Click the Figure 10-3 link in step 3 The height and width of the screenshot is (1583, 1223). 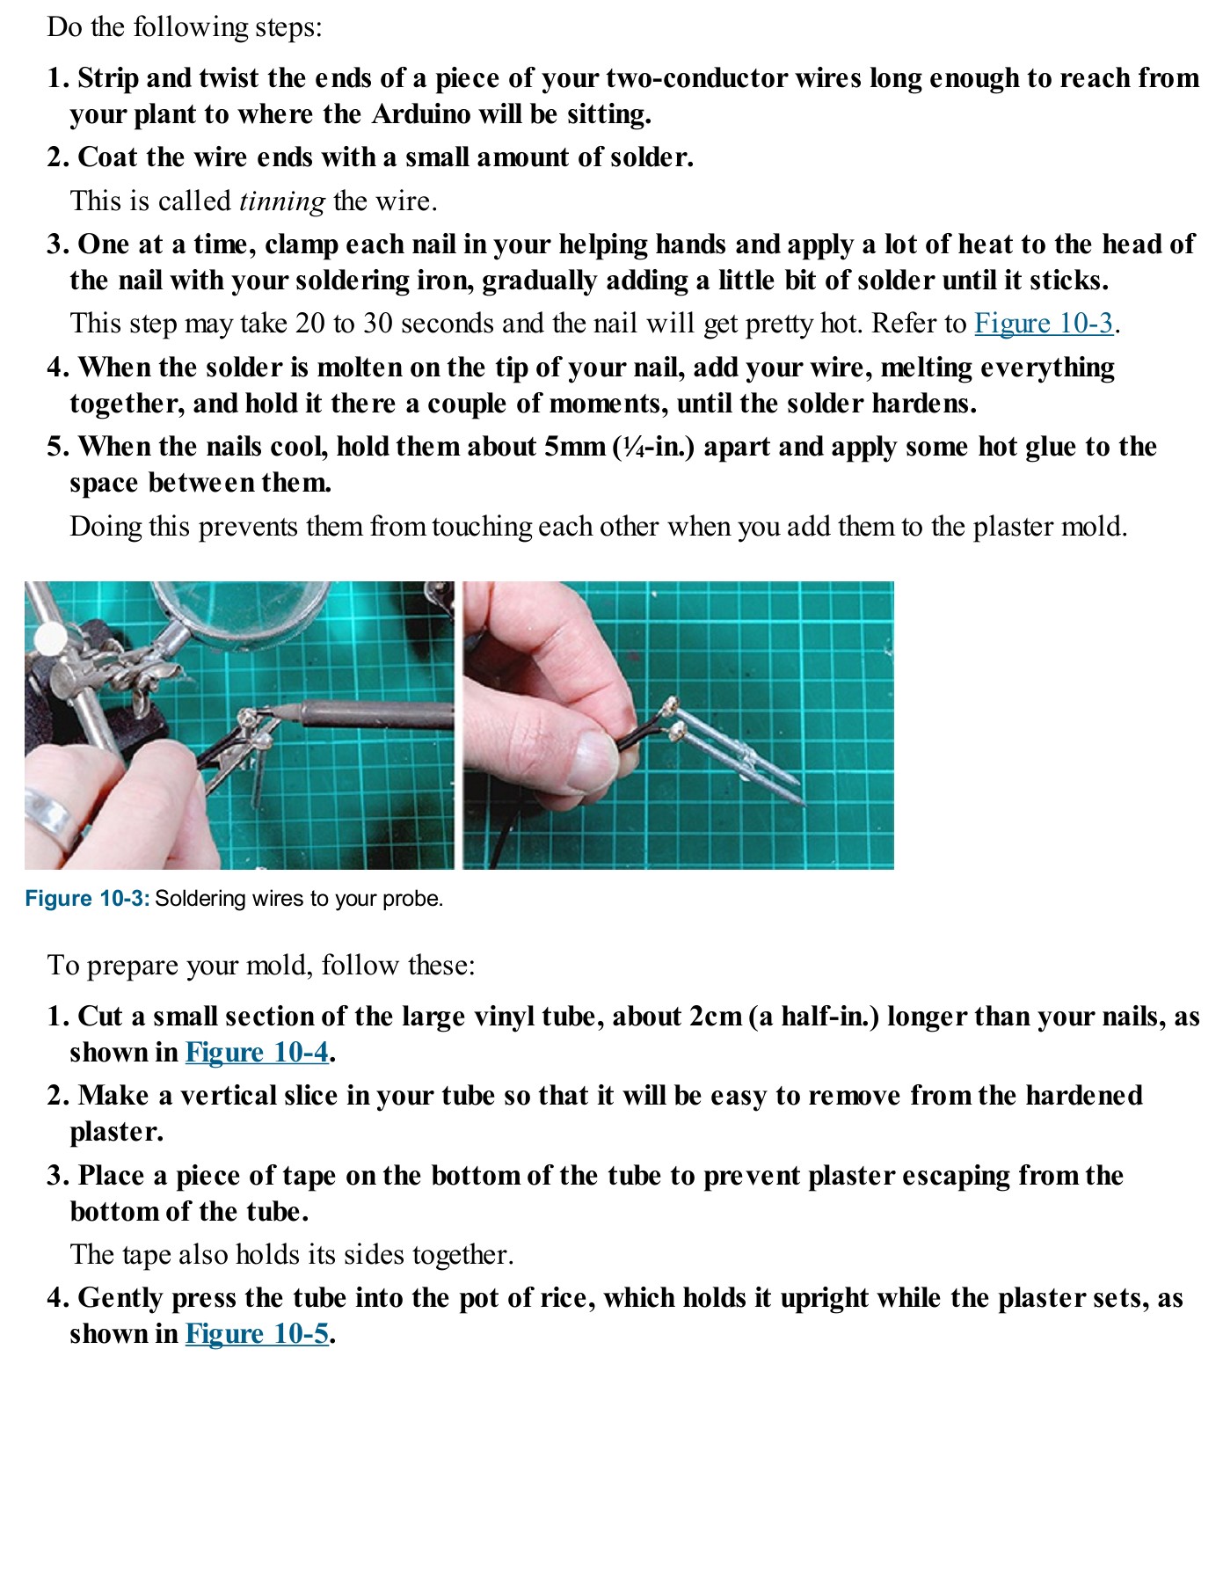(x=1043, y=324)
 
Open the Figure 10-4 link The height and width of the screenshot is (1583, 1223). (x=257, y=1053)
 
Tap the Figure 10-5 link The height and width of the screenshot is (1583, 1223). (x=257, y=1334)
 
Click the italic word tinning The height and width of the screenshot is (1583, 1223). (x=282, y=201)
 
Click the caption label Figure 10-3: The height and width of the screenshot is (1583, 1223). (x=87, y=899)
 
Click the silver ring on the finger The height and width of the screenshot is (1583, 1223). (x=49, y=818)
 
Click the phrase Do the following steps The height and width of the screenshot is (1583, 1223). (x=185, y=27)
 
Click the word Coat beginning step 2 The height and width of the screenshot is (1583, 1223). (x=109, y=157)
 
